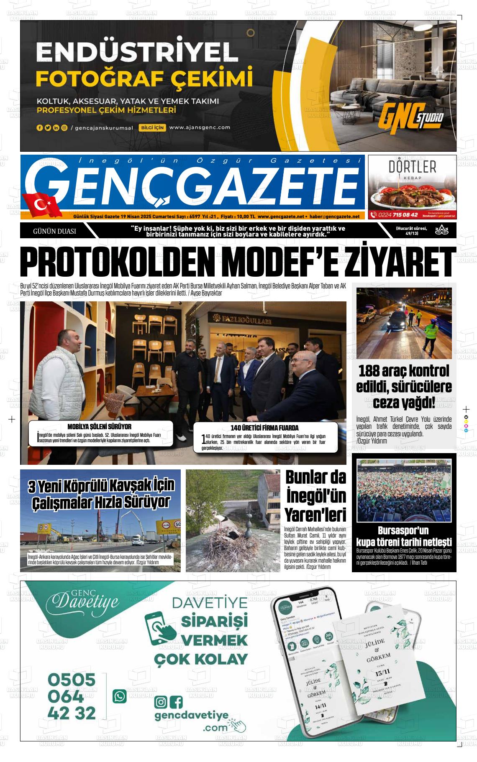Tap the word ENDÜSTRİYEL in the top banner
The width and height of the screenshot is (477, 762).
pyautogui.click(x=137, y=53)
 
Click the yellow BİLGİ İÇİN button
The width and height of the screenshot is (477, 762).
pyautogui.click(x=152, y=128)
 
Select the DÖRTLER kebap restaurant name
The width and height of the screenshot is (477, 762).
pyautogui.click(x=412, y=167)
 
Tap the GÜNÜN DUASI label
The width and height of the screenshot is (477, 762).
pyautogui.click(x=54, y=231)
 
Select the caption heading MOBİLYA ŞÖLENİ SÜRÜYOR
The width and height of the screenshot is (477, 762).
pyautogui.click(x=99, y=427)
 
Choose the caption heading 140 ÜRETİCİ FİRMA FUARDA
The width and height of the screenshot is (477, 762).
pyautogui.click(x=264, y=428)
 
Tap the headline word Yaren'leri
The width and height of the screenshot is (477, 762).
pyautogui.click(x=315, y=514)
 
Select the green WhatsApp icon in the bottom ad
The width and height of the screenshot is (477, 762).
pyautogui.click(x=120, y=696)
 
